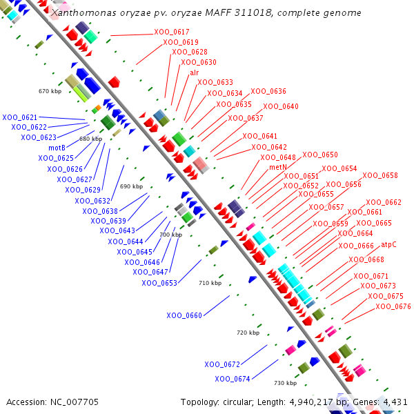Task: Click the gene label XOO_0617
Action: [172, 32]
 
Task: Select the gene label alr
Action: [195, 72]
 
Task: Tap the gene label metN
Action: [278, 167]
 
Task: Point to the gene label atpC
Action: [389, 244]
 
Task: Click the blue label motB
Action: [57, 148]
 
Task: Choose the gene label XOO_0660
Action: [184, 315]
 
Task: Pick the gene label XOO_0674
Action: [233, 379]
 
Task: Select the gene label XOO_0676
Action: [393, 306]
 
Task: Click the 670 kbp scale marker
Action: [50, 91]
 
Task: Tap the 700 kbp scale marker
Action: [170, 235]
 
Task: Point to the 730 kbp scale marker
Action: [285, 383]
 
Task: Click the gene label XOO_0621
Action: [20, 117]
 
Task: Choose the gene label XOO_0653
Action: [159, 283]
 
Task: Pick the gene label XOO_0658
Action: [380, 176]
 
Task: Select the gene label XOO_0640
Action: [281, 106]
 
